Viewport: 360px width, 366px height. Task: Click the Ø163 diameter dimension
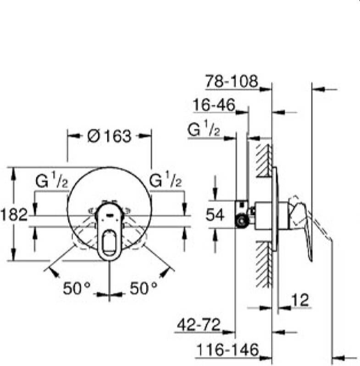pos(109,136)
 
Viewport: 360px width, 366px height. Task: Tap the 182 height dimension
pos(14,215)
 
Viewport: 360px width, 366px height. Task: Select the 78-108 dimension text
pos(231,81)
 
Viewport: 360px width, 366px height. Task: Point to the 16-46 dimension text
pos(214,105)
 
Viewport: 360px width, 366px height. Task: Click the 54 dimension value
pos(215,215)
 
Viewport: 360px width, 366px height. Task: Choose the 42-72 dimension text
pos(199,324)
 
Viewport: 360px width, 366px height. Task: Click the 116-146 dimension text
pos(228,349)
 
